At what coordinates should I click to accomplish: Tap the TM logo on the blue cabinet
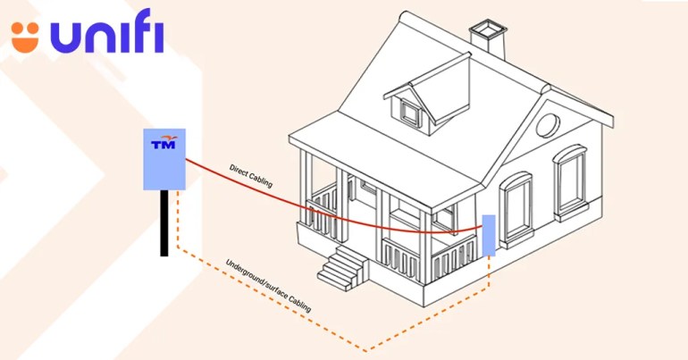164,143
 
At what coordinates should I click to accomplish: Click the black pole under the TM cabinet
164,222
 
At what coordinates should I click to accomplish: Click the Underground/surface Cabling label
268,285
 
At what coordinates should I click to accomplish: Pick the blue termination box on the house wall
488,235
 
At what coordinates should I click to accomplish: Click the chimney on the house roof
488,40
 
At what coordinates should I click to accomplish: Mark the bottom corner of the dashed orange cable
365,349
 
